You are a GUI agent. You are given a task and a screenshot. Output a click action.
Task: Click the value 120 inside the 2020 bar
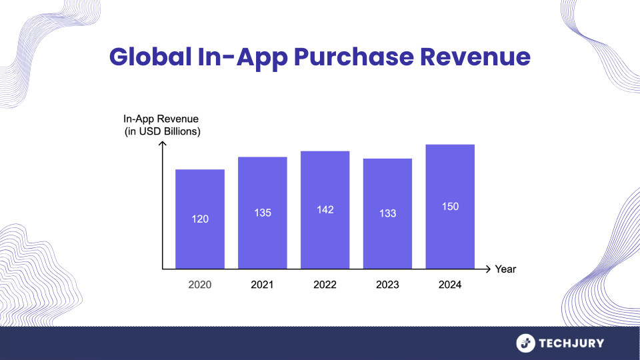(200, 219)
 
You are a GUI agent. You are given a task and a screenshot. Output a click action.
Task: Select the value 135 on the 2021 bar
(263, 213)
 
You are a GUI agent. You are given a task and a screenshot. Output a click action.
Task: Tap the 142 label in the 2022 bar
(325, 209)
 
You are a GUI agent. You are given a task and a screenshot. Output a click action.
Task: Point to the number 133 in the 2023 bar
(387, 213)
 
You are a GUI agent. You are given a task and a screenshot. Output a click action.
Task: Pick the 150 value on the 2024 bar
(450, 207)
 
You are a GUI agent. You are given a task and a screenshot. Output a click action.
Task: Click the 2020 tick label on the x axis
(200, 285)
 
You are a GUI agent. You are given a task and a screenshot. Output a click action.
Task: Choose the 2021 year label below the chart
(263, 285)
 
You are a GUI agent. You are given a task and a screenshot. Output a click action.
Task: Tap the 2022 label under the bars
(325, 285)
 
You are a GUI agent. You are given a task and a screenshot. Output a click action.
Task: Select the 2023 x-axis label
(387, 285)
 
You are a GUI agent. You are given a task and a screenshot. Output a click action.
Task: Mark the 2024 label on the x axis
(450, 285)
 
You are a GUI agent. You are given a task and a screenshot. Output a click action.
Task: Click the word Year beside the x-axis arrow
(505, 269)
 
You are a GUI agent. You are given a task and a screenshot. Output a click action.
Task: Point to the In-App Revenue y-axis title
(161, 119)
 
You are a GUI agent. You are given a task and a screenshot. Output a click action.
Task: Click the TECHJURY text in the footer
(572, 343)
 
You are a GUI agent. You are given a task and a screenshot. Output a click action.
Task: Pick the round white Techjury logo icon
(526, 343)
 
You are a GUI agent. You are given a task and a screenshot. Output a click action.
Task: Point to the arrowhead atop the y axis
(163, 145)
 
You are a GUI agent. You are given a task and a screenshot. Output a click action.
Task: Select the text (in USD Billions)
(163, 131)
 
